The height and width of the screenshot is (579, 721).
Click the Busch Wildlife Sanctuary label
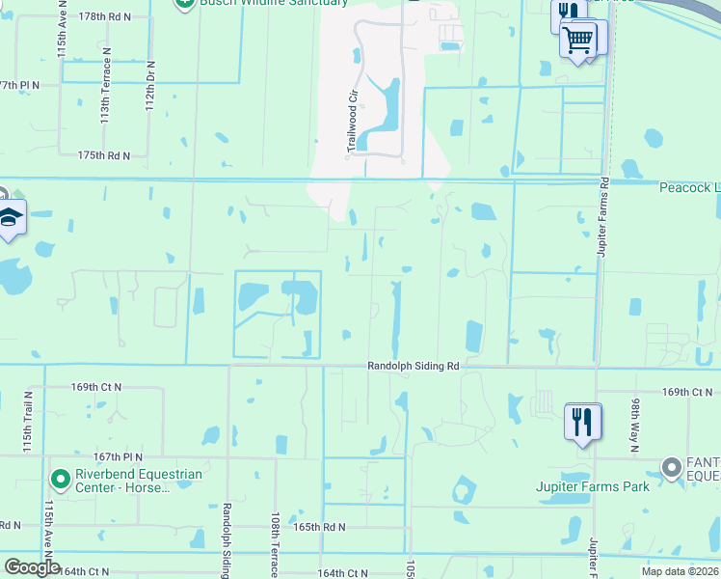click(x=273, y=3)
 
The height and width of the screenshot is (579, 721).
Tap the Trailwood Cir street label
click(x=352, y=122)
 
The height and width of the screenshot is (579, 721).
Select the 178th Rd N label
click(x=105, y=17)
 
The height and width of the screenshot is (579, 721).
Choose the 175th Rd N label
click(x=104, y=155)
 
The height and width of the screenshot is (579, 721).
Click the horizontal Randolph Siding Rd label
click(x=413, y=367)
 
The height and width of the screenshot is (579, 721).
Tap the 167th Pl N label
click(x=118, y=456)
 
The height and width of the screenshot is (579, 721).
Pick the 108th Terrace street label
click(x=276, y=545)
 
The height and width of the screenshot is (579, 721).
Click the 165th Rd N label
click(x=319, y=528)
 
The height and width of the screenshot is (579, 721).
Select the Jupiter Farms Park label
click(x=593, y=486)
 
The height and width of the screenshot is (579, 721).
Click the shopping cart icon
click(x=577, y=39)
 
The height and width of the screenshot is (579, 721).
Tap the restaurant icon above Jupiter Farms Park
click(x=582, y=421)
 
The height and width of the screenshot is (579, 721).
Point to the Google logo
click(x=31, y=567)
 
